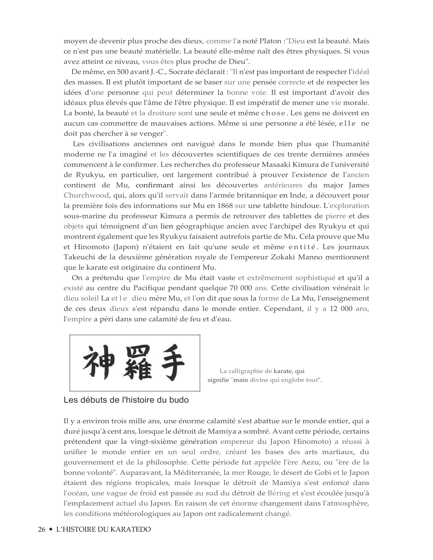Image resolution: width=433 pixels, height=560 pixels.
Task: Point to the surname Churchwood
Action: (86, 195)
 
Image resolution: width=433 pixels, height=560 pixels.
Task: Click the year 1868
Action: (225, 206)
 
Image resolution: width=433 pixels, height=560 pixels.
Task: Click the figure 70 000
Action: (241, 288)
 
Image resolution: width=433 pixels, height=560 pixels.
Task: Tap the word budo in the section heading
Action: (179, 400)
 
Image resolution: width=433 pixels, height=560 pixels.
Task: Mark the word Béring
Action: (279, 493)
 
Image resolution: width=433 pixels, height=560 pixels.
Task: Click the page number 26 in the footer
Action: (42, 529)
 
